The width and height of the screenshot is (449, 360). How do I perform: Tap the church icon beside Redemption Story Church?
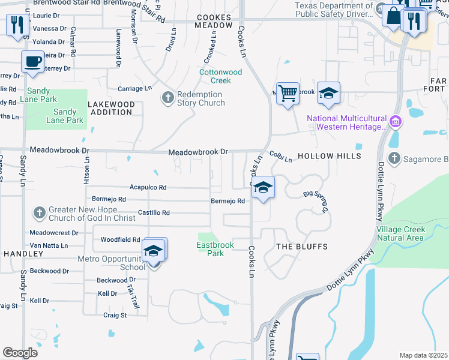(167, 97)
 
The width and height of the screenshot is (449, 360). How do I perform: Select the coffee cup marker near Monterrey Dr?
(32, 61)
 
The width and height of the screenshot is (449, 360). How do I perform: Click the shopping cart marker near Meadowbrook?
(288, 93)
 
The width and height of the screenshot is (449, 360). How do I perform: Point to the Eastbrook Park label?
(211, 249)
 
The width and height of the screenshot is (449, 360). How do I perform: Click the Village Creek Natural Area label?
(400, 233)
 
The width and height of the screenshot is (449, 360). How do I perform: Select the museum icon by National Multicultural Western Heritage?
(395, 123)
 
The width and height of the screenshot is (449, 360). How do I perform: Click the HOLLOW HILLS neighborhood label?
(332, 156)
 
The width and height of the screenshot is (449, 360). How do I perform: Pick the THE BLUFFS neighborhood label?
(302, 247)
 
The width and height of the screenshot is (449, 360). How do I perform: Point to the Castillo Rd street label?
(154, 212)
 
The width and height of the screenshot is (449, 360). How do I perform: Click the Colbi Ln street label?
(280, 157)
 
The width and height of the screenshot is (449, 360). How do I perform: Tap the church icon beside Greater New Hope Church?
(39, 212)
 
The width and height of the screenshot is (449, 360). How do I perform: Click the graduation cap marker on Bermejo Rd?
(262, 187)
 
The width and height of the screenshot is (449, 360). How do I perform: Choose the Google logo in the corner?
(20, 352)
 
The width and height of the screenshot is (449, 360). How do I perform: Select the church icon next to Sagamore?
(394, 158)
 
